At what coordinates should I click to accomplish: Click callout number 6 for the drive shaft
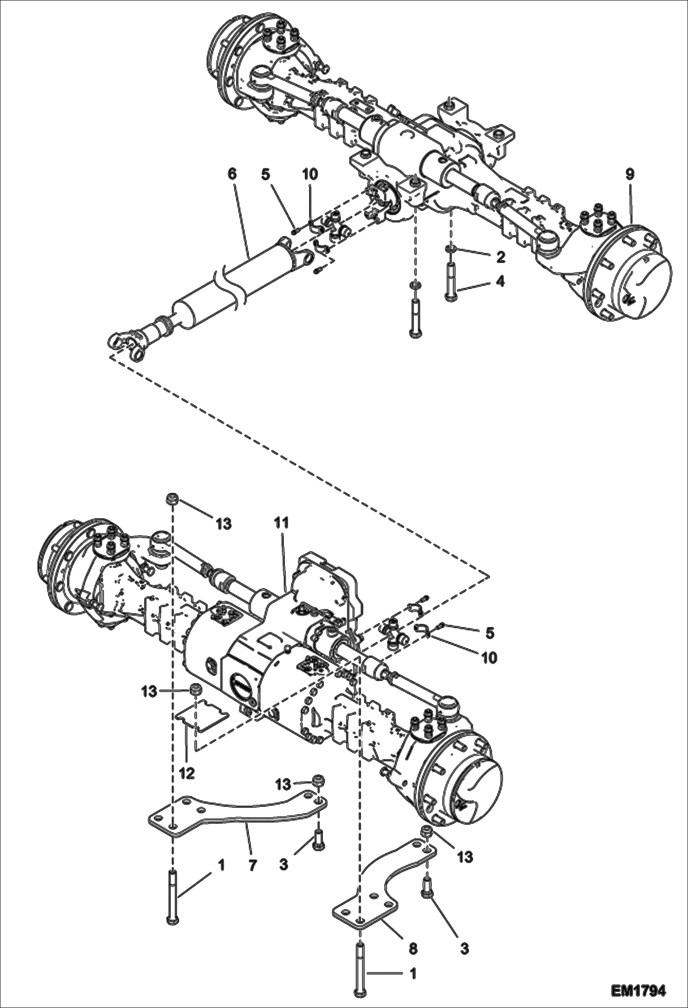pos(231,174)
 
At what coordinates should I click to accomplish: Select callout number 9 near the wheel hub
pos(629,174)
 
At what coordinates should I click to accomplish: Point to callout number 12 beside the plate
pos(187,773)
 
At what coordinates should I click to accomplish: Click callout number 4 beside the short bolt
pos(500,281)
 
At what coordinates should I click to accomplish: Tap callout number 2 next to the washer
pos(500,257)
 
